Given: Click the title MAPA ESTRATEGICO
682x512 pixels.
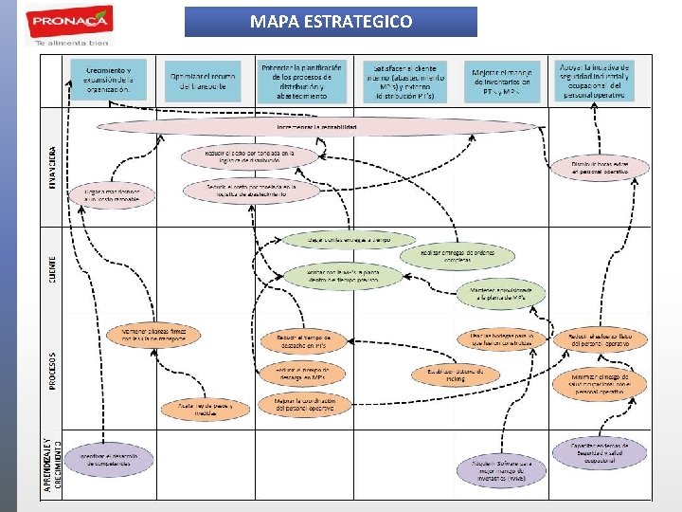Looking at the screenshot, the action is [331, 22].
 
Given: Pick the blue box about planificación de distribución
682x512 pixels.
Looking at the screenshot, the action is [303, 81].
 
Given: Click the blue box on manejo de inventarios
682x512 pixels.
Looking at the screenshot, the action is [503, 82].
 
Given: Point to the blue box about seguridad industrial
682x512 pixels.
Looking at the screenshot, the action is [594, 81].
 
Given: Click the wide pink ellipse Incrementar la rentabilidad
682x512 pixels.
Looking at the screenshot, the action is [303, 126].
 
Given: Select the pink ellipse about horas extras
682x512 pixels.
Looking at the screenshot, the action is [600, 169].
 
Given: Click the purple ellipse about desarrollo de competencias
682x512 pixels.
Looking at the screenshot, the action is [116, 462].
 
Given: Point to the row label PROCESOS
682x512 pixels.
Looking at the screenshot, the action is [53, 373].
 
